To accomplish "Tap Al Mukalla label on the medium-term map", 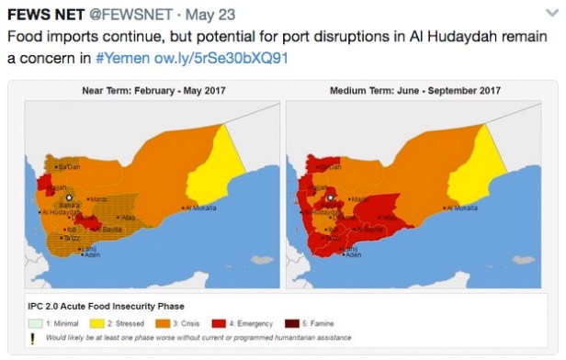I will coord(465,208).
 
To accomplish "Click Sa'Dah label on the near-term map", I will coord(70,167).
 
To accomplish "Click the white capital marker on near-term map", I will coord(68,197).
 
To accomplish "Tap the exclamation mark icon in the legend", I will coord(33,339).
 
